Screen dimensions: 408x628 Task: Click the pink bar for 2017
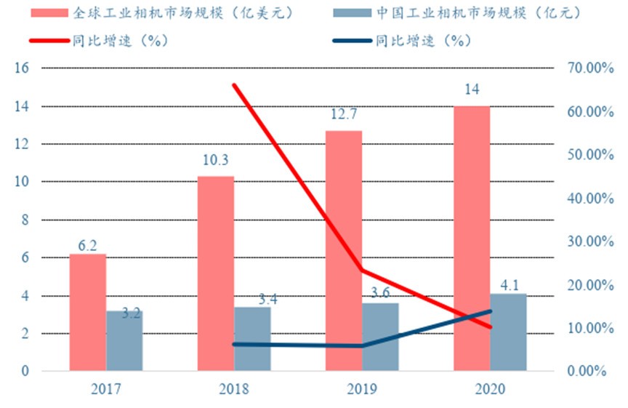[87, 313]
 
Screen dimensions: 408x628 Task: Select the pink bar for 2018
[215, 273]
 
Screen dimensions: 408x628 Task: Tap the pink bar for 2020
[472, 239]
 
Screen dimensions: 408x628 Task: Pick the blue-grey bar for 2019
[380, 337]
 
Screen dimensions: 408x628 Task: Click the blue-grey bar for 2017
[124, 340]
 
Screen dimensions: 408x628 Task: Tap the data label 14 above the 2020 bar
[472, 90]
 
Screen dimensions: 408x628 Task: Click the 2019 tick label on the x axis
[361, 389]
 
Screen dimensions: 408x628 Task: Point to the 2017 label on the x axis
[105, 389]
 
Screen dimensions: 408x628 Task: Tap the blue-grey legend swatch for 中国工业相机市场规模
[350, 14]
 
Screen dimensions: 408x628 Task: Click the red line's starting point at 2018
[234, 85]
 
